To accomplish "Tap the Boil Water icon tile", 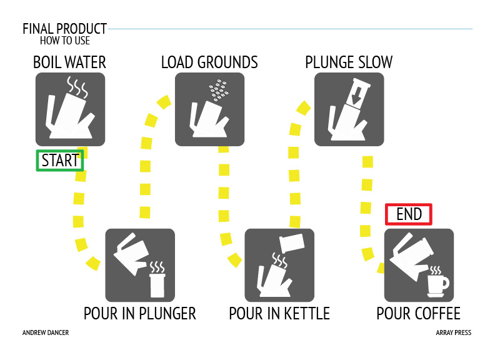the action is coord(70,109).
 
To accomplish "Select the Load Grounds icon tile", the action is coord(209,109).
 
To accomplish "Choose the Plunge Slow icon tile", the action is coord(349,109).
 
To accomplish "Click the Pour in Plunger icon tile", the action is coord(140,265).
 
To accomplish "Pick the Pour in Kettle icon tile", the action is coord(279,265).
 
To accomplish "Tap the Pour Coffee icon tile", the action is coord(419,265).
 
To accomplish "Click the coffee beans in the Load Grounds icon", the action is coord(219,90).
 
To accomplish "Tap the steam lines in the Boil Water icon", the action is coord(77,86).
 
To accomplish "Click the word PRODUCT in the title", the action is coord(82,29).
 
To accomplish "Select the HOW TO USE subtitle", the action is coord(65,41).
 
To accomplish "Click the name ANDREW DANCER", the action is coord(46,332).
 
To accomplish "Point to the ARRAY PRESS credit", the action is coord(454,332).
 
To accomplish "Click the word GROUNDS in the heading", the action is coord(227,62).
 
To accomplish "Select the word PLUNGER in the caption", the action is coord(167,314).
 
